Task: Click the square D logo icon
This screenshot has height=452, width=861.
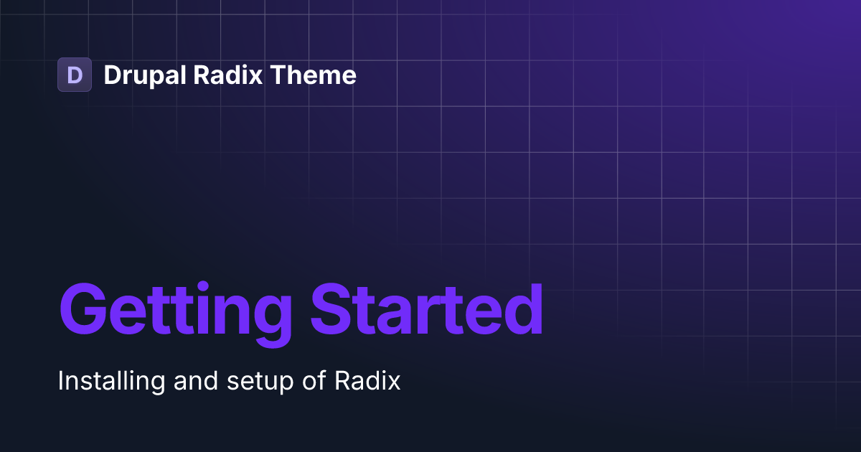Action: (x=75, y=75)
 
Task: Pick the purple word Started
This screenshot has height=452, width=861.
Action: (x=426, y=309)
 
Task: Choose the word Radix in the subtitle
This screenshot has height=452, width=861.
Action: (x=367, y=381)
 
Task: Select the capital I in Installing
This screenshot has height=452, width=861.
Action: (x=61, y=381)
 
